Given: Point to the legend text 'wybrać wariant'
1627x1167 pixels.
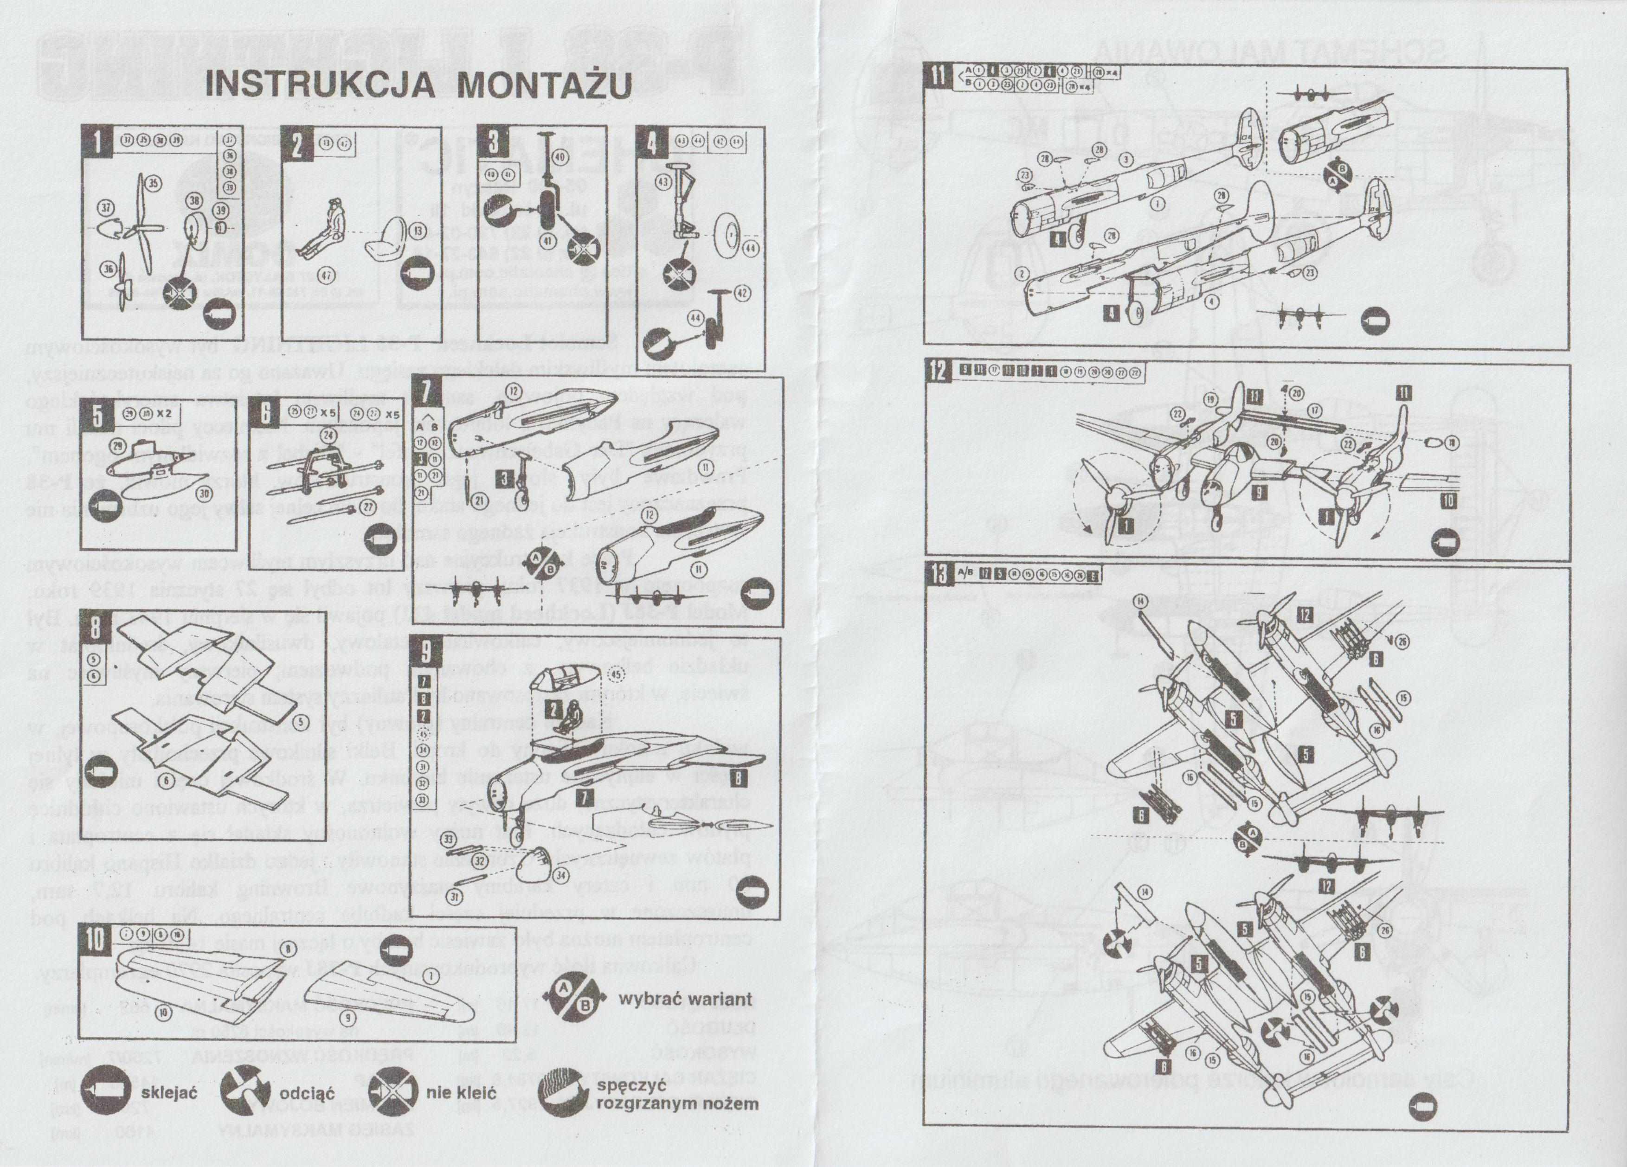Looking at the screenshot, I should click(x=685, y=999).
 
